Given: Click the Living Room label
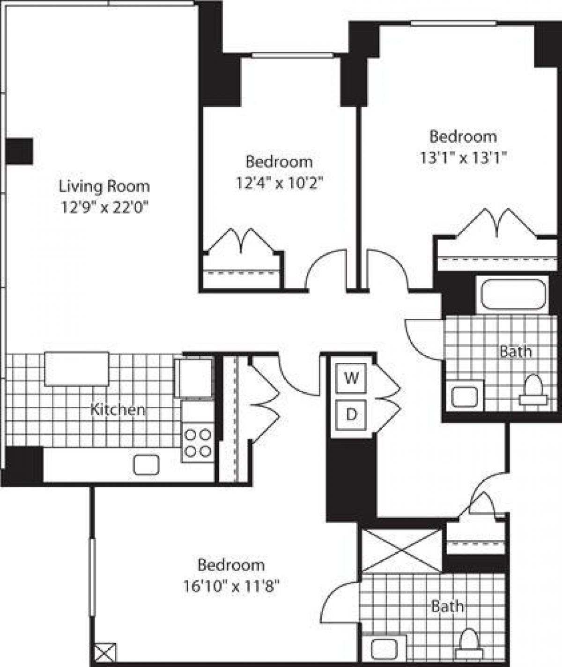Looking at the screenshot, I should point(104,186).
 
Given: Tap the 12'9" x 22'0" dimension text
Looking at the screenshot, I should point(104,206).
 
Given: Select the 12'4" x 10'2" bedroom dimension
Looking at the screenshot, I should point(279,183).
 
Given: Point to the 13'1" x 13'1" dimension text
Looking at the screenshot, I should point(463,157).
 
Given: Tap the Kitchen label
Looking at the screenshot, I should point(117,410).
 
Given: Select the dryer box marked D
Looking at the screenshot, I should point(351,414).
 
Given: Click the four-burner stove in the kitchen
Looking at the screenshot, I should point(197,442).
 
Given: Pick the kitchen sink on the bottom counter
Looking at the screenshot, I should point(146,465).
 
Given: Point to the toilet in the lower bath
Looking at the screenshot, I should point(469,644).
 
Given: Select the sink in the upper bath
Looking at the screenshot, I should point(464,396).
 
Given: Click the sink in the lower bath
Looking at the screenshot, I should point(384,648).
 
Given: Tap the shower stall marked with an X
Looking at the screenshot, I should point(402,550).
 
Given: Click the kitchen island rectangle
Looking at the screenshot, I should point(77,369).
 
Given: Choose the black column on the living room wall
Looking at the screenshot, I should point(19,151).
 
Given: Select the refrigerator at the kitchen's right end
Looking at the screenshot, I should point(193,378).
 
